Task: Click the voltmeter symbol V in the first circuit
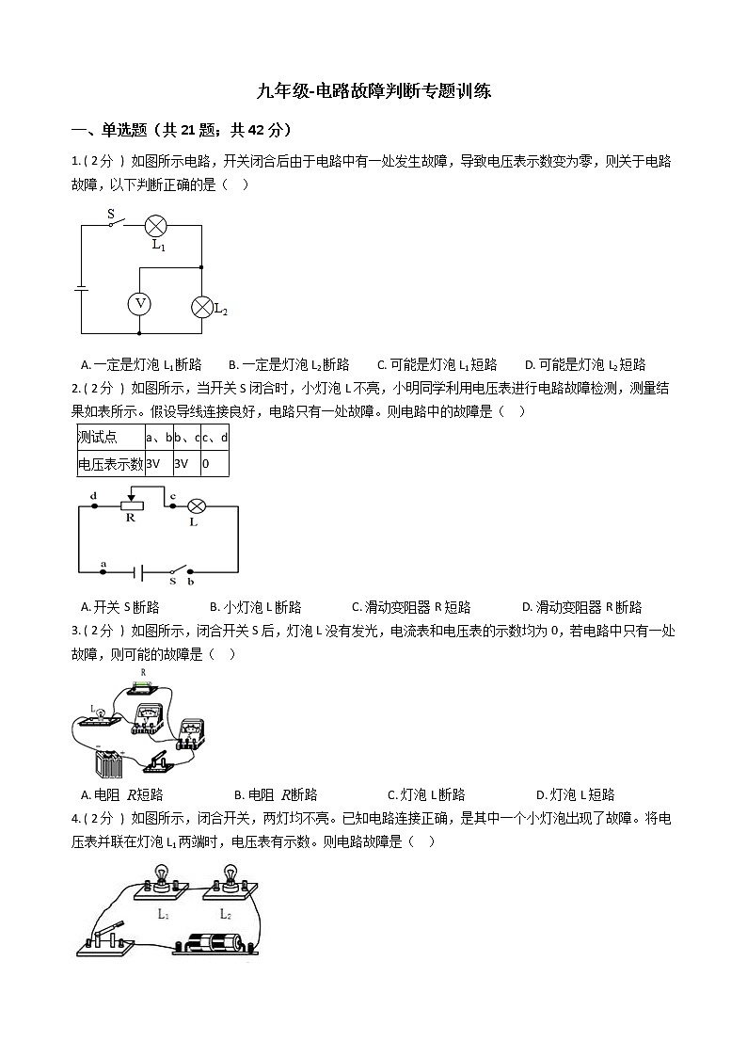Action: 139,303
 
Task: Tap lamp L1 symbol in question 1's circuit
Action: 156,225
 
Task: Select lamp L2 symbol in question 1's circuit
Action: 202,306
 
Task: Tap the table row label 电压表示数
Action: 110,463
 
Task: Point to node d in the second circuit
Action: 93,505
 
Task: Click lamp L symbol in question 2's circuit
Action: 197,505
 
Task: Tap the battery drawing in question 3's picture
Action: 109,761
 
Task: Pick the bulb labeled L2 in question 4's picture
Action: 228,880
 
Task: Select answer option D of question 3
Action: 575,794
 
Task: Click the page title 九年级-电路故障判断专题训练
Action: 373,91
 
